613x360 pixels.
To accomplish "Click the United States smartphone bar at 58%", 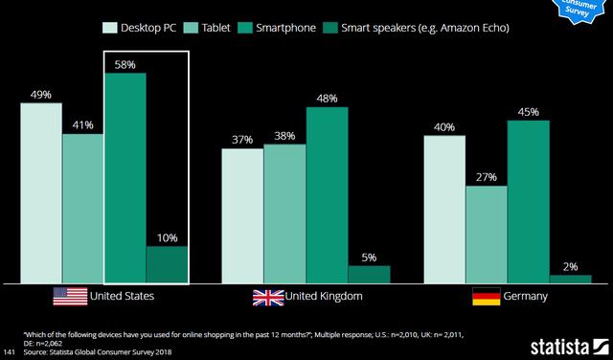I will coord(125,177).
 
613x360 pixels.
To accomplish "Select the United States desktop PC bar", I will coord(41,192).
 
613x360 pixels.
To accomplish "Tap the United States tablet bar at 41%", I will coord(82,208).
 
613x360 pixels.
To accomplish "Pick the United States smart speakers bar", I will coord(167,264).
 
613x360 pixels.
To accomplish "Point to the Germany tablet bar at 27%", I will coord(488,234).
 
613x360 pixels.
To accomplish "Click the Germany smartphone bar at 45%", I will coord(529,201).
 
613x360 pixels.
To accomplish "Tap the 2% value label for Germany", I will coord(570,266).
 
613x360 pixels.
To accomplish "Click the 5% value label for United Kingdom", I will coord(369,257).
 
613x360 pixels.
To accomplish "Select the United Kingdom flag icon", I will coord(268,297).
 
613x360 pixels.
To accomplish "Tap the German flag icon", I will coord(487,297).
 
